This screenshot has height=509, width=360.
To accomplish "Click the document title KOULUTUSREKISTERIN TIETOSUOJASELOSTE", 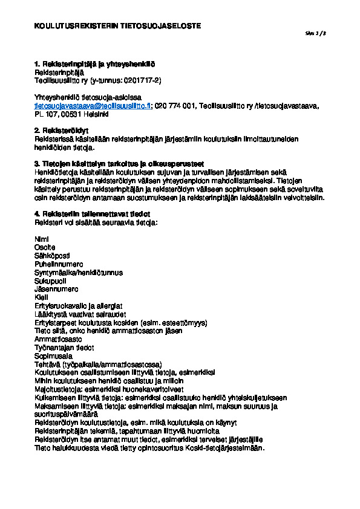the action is pos(117,27).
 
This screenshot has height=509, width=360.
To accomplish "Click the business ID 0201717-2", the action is pos(142,80).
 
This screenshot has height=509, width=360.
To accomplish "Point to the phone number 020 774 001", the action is pos(175,106).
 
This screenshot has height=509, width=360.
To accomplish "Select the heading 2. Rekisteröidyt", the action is pos(62,130).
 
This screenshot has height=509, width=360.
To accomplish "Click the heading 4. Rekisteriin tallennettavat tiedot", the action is pos(93,214).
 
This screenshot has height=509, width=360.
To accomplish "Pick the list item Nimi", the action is pos(42,239).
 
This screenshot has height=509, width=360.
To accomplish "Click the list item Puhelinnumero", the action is pos(59,264).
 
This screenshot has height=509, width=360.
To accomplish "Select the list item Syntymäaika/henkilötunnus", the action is pos(79,273).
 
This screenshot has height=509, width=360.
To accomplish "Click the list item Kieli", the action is pos(42,298).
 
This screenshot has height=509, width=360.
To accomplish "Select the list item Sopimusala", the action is pos(53,357).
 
